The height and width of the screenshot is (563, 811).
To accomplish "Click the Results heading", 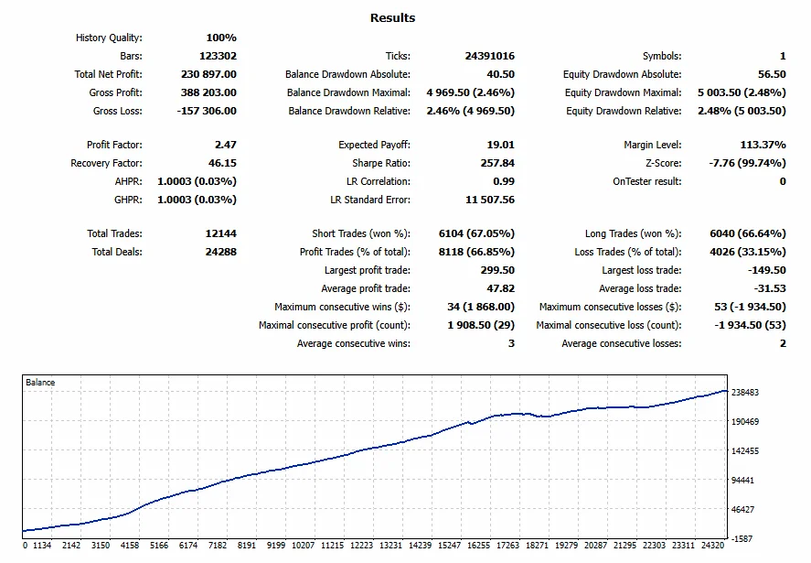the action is click(392, 17).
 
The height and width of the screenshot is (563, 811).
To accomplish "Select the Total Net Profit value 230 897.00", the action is click(208, 74).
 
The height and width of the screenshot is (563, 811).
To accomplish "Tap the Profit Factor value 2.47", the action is click(226, 145).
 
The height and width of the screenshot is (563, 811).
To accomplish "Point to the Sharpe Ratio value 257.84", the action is click(497, 163).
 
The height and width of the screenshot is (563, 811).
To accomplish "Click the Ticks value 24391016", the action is click(489, 56).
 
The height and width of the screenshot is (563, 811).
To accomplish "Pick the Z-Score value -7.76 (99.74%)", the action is click(747, 163).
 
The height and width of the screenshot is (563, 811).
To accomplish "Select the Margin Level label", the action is click(652, 145).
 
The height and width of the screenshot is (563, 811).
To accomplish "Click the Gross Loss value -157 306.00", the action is click(207, 111).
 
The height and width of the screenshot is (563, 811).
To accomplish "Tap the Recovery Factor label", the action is click(106, 163).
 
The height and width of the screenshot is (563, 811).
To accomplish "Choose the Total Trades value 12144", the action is click(221, 233).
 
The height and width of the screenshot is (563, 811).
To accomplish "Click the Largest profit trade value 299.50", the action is click(497, 270).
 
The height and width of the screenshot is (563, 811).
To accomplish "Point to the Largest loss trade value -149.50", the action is click(766, 270).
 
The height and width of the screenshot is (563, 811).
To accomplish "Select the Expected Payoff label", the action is click(374, 145).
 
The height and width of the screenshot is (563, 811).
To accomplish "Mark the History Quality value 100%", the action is click(221, 38).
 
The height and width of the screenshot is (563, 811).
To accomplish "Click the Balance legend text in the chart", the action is click(40, 383).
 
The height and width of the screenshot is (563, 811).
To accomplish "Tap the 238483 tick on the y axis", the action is click(745, 392).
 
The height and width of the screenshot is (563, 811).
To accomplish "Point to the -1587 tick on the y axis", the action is click(742, 538).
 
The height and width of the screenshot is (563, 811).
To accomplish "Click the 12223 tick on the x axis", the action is click(361, 546).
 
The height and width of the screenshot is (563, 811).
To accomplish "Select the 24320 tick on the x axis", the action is click(712, 546).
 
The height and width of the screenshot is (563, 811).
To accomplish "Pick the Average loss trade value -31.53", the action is click(770, 288).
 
